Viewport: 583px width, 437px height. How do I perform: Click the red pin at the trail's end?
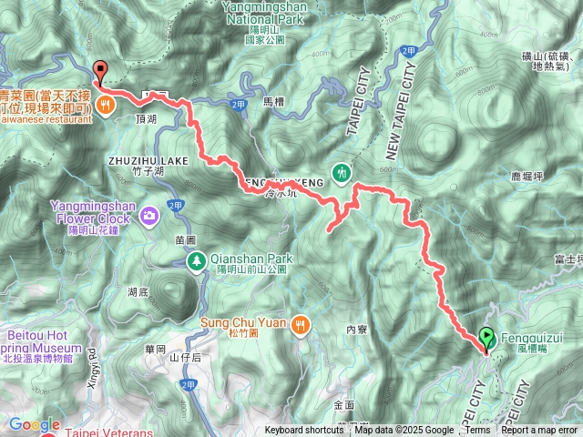(x=99, y=69)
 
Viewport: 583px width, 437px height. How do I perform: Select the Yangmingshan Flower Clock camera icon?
(x=148, y=216)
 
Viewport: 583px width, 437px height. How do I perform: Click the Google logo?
(x=34, y=424)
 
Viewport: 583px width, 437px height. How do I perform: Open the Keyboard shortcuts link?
(x=304, y=431)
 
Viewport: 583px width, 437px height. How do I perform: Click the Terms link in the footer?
(x=477, y=431)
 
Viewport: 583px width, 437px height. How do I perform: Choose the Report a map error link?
(x=539, y=431)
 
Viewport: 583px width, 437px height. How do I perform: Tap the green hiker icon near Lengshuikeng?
(x=343, y=171)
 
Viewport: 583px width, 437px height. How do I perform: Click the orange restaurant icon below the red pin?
(x=107, y=104)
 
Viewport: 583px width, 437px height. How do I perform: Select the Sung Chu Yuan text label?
(x=248, y=322)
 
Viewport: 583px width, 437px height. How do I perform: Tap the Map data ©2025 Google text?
(x=404, y=431)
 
